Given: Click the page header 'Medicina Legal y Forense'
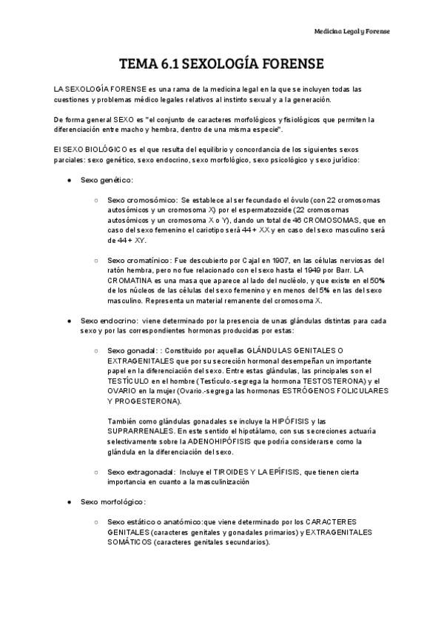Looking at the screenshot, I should click(x=351, y=32).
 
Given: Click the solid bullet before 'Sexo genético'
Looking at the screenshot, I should click(x=69, y=180).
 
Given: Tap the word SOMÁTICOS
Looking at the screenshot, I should click(x=130, y=543).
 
